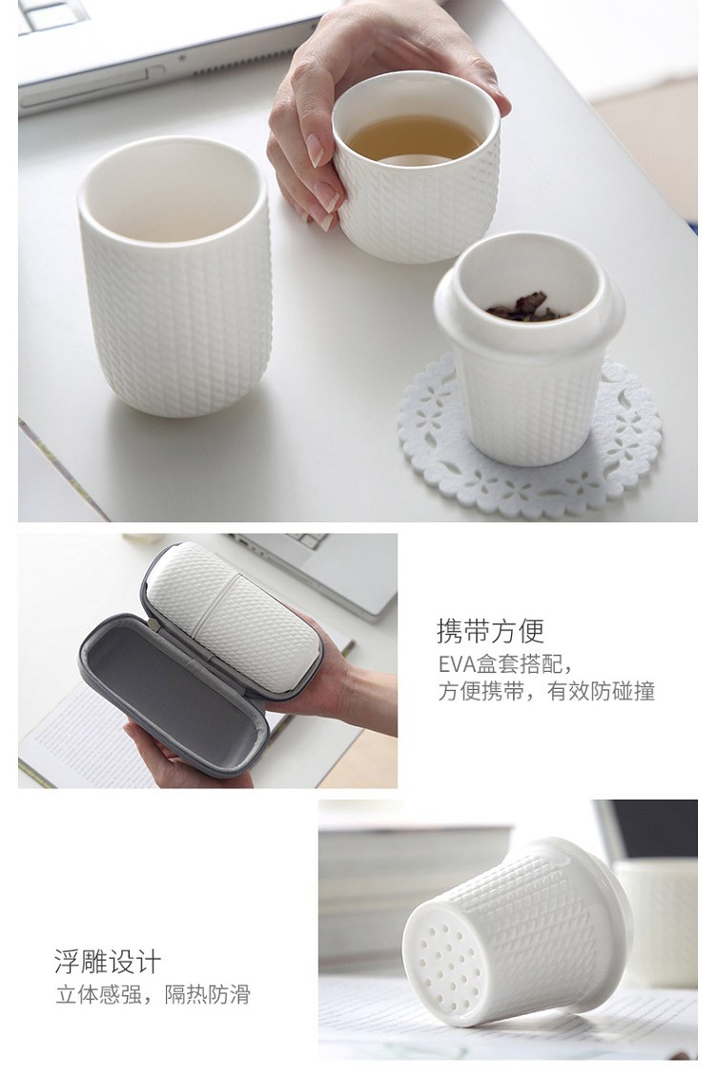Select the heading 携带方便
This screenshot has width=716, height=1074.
pyautogui.click(x=491, y=631)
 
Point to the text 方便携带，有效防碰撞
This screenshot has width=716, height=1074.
pyautogui.click(x=546, y=692)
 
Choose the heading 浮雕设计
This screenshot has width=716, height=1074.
pyautogui.click(x=109, y=962)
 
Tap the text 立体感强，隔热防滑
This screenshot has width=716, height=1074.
pyautogui.click(x=153, y=995)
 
